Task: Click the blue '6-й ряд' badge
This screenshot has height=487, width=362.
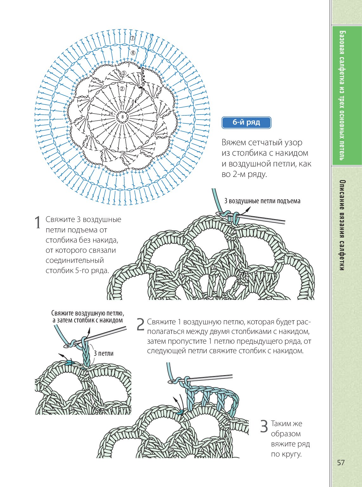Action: (x=246, y=123)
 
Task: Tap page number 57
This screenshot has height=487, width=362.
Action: (x=341, y=463)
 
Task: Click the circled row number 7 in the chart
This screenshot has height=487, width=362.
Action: (x=133, y=38)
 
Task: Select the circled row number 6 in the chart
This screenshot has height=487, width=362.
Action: (x=133, y=53)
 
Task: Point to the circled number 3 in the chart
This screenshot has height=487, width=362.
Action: (x=124, y=73)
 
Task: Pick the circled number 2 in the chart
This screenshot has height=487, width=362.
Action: (x=122, y=89)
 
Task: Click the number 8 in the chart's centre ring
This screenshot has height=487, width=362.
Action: (x=122, y=117)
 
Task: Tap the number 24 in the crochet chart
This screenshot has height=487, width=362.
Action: (x=111, y=113)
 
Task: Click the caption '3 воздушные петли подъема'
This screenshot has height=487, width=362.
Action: (x=262, y=201)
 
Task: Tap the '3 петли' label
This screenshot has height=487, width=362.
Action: (x=103, y=354)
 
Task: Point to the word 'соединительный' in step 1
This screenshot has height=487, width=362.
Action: (x=75, y=260)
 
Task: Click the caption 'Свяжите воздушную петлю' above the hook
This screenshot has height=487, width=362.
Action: (x=87, y=313)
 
